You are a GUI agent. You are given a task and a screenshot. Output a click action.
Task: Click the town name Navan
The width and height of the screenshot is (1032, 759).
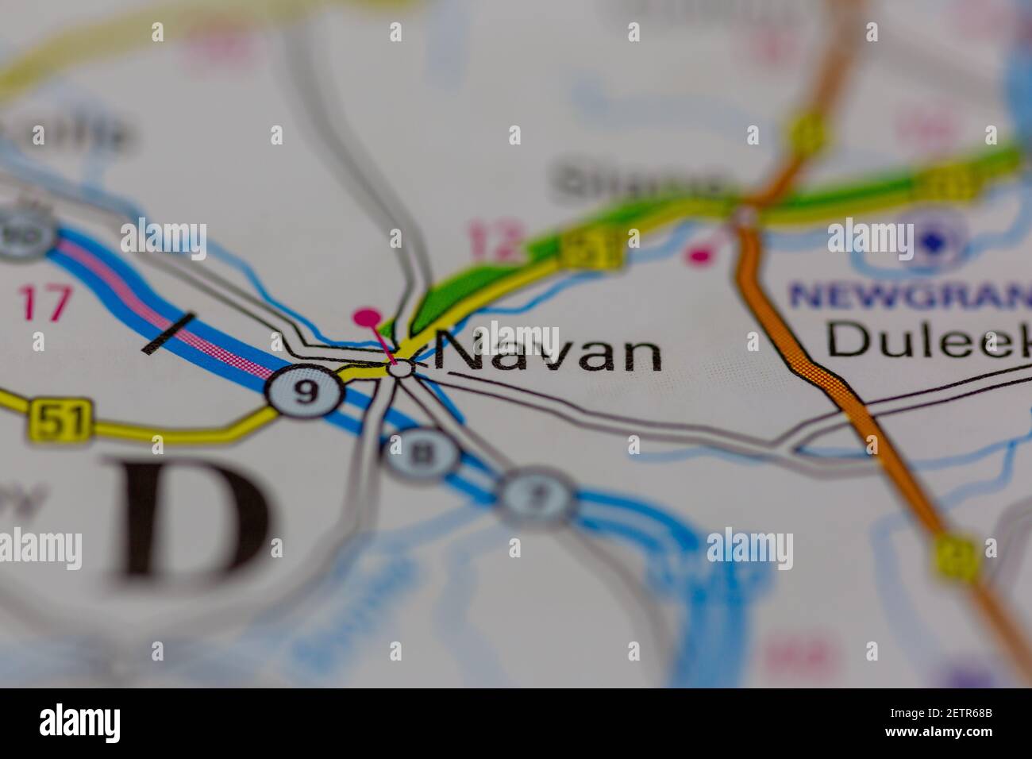pos(549,352)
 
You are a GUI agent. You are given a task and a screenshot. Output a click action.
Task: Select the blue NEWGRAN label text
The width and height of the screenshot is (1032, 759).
pos(905,295)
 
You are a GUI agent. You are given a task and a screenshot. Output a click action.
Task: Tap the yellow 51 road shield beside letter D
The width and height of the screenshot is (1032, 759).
pos(61,420)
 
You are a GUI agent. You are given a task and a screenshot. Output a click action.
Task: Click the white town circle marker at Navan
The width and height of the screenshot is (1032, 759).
pos(401,368)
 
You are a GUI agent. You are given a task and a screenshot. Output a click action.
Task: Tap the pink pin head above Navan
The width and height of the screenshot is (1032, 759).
pos(366,318)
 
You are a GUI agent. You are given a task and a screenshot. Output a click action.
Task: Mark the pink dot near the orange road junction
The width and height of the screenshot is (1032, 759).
pos(699,255)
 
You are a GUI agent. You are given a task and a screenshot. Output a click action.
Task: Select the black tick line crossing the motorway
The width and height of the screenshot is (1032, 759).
pos(169,333)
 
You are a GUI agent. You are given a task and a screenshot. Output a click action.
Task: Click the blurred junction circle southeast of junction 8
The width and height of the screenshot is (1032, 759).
pos(538,496)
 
